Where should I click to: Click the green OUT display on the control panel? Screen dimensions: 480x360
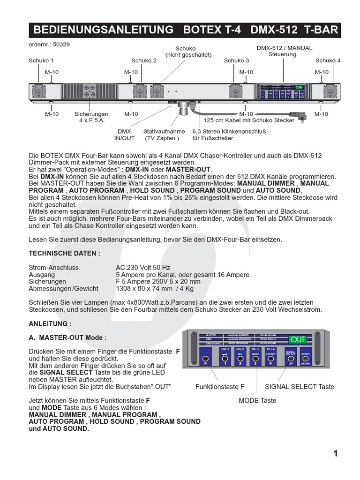point(298,339)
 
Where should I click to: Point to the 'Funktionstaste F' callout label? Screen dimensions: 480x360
point(220,387)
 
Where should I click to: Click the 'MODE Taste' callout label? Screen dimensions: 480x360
point(257,400)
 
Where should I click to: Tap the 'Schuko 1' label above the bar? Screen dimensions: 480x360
point(41,60)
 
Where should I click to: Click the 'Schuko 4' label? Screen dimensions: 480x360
point(328,60)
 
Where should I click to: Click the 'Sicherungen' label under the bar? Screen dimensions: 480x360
point(91,114)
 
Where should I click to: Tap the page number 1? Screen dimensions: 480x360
point(335,453)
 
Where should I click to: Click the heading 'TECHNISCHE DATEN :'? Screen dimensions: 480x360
point(65,254)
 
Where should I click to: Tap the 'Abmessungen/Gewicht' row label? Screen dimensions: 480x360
point(63,289)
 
